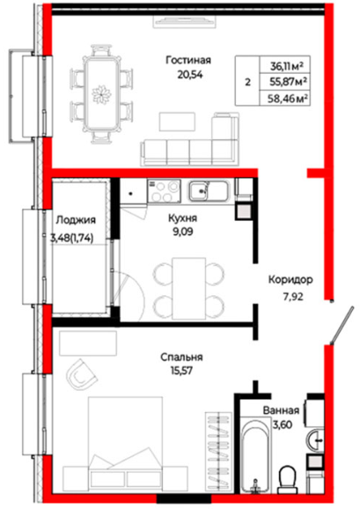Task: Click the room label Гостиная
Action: coord(188,61)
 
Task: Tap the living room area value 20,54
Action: coord(190,75)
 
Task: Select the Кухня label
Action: coord(182,218)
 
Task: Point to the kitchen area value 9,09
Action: coord(182,232)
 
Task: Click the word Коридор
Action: coord(290,279)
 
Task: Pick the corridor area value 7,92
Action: coord(293,297)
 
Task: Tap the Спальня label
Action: coord(181,357)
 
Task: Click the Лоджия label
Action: coord(76,220)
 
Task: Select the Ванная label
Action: coord(281,410)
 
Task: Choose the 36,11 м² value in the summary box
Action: coord(287,67)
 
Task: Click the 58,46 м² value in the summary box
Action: coord(287,99)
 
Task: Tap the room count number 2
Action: coord(248,82)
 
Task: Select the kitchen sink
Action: coord(208,190)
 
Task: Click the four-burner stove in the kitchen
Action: coord(164,191)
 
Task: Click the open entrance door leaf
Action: coord(342,325)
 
